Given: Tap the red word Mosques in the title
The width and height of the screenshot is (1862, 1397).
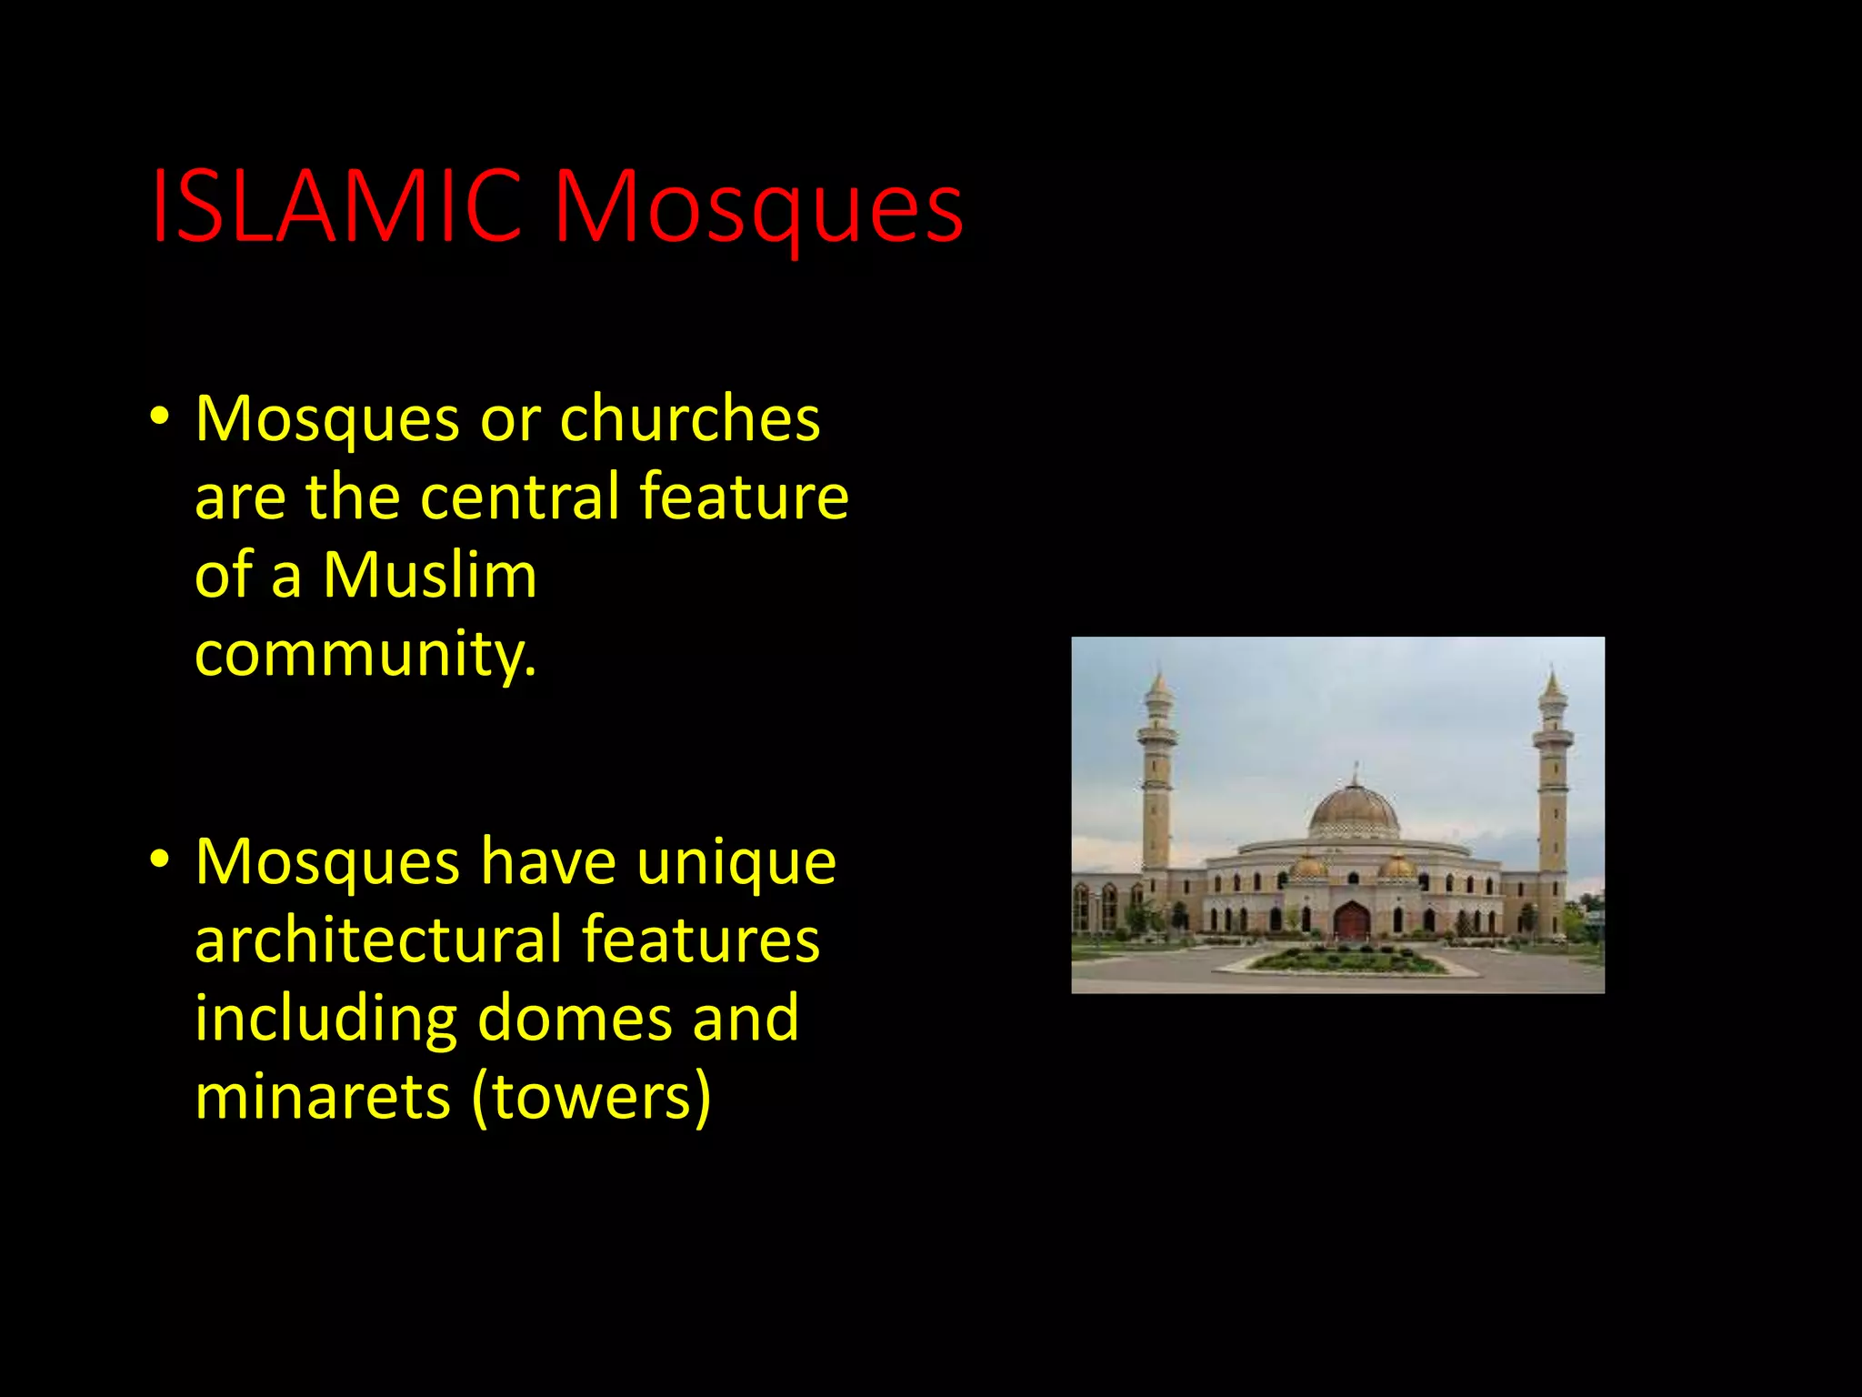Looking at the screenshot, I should pos(758,209).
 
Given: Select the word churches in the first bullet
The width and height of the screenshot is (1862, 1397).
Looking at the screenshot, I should pos(690,419).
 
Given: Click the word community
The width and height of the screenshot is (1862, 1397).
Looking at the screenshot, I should pos(365,655).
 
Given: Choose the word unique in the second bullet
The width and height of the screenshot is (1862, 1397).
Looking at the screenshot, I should pos(736,861).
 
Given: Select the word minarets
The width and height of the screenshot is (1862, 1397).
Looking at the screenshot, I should pos(323,1096).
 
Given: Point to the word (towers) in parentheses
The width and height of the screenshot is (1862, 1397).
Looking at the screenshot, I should pos(591,1098).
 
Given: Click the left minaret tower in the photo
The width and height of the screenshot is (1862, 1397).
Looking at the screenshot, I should pos(1157,782).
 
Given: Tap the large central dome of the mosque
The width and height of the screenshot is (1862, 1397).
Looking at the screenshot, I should pos(1354,809).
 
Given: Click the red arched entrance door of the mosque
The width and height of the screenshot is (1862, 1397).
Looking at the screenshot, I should pos(1352,920).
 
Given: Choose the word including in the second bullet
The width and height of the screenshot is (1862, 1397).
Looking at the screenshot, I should pos(325,1020).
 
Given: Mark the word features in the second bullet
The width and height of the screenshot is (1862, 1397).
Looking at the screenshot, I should pos(700,940).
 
